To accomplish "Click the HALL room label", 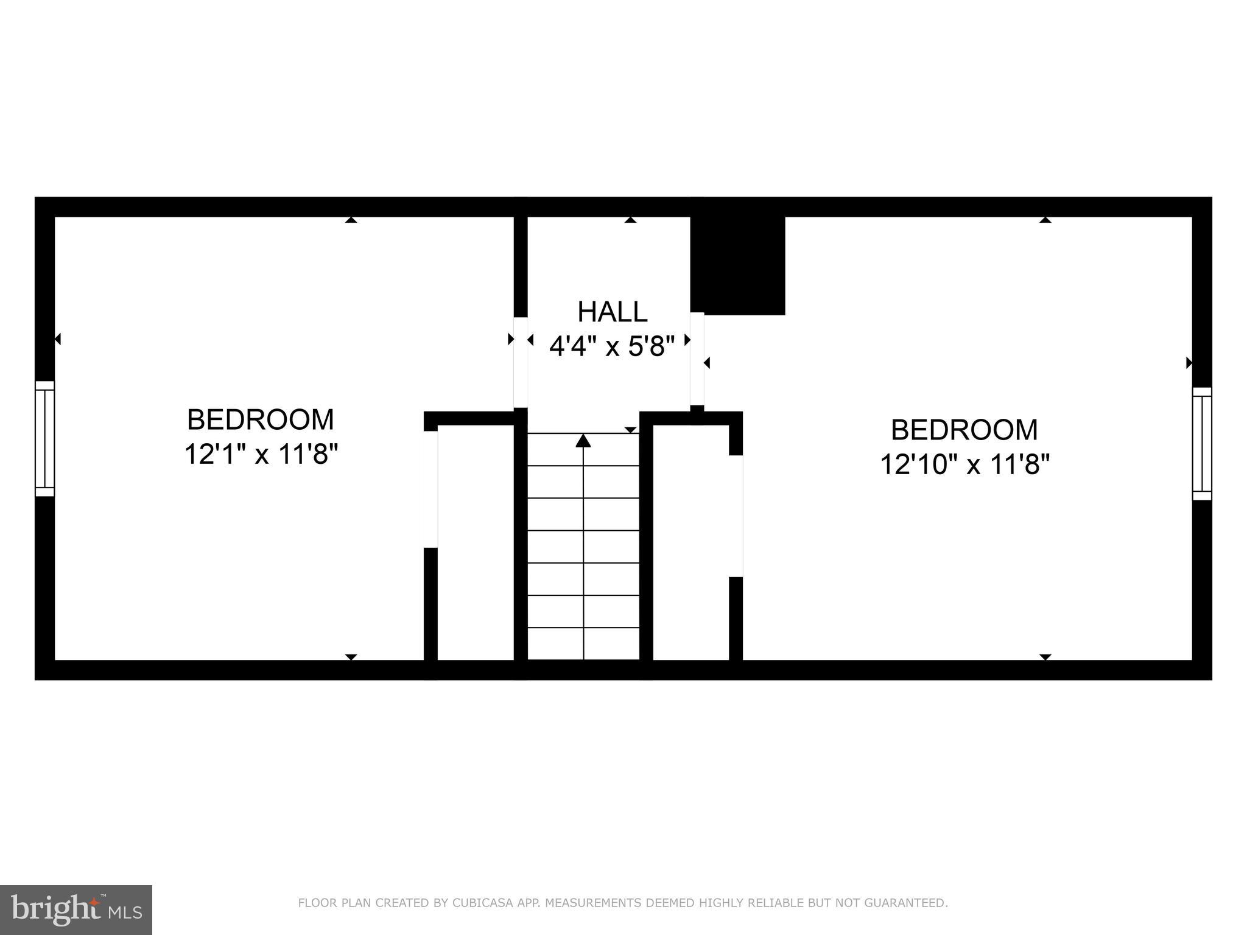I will (612, 312).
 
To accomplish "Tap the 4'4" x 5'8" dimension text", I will (612, 347).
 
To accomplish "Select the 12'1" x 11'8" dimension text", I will (261, 454).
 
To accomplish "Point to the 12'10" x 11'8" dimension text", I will (965, 464).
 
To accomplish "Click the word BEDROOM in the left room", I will (261, 420).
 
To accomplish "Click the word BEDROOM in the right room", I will (964, 430).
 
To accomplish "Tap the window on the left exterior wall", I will (45, 438).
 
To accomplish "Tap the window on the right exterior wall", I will (1201, 443).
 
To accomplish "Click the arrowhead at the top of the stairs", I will (583, 440).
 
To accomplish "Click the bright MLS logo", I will (76, 909).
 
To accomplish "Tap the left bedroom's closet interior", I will (476, 542).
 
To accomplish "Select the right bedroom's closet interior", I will (690, 542).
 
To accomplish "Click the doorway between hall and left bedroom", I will (521, 362).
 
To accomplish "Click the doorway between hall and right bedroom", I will (697, 359).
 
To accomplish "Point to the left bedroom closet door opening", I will (431, 489).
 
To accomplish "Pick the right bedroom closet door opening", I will (736, 516).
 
